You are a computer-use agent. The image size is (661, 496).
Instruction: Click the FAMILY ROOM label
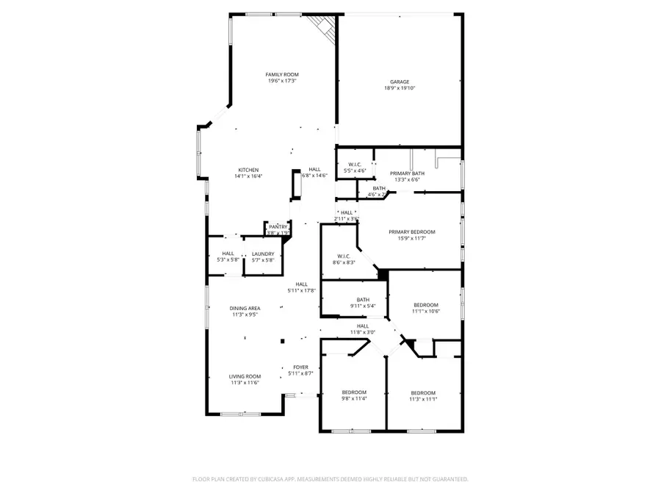click(282, 74)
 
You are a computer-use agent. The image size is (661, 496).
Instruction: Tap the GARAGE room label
click(400, 82)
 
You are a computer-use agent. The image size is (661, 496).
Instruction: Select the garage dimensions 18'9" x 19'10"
click(400, 88)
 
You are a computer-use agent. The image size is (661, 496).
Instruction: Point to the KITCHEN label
click(248, 170)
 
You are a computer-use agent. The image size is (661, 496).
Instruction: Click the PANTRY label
click(278, 227)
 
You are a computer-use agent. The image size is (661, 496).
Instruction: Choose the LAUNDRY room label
click(263, 254)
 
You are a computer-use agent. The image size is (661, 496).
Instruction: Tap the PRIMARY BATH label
click(405, 173)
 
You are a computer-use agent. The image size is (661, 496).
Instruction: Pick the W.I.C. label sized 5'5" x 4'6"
click(355, 164)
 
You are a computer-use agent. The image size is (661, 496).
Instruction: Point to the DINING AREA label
click(245, 308)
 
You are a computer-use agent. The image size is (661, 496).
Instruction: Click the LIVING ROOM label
click(245, 375)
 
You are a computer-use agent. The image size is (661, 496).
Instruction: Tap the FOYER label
click(301, 367)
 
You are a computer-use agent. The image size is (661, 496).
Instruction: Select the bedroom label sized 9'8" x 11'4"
click(353, 392)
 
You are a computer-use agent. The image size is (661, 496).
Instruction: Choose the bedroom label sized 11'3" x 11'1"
click(423, 392)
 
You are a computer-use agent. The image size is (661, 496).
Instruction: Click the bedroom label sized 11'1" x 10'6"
click(426, 304)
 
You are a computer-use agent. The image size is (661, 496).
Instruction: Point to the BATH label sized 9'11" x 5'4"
click(363, 299)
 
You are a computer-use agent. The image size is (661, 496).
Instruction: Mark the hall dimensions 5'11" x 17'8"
click(301, 290)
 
